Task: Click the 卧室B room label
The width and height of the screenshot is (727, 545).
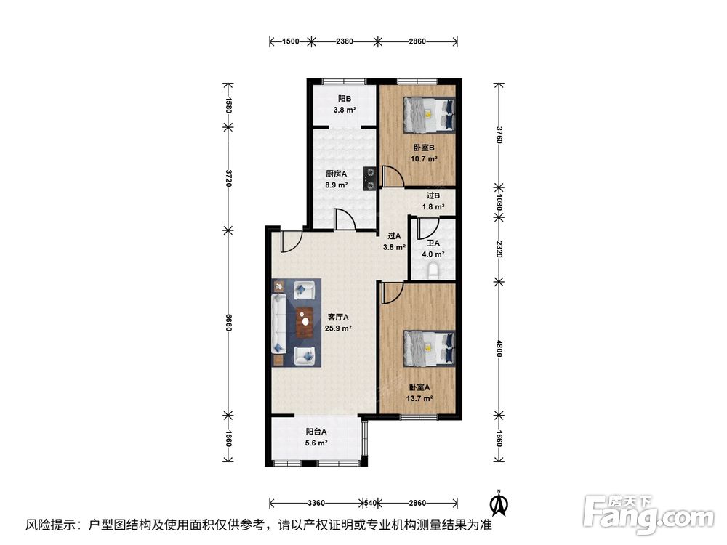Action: [x=424, y=148]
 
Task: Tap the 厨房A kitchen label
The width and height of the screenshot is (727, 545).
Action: [x=336, y=174]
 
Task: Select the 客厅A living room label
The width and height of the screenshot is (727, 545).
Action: [x=338, y=318]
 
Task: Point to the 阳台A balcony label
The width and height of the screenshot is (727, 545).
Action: [x=316, y=432]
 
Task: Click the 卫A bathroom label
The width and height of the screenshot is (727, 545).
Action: [x=433, y=243]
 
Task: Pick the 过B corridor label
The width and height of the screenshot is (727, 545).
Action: [x=433, y=196]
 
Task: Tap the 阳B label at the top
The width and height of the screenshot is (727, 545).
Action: [x=345, y=99]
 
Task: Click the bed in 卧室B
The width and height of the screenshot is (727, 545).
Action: [x=429, y=115]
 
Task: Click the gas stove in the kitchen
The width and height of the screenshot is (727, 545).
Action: [x=369, y=179]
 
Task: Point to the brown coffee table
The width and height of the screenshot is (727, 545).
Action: [x=305, y=323]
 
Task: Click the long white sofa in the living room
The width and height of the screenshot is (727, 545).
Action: [x=278, y=324]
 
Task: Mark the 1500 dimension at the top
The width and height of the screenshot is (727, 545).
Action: [x=291, y=41]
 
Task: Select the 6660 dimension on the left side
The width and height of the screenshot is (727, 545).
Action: [x=228, y=323]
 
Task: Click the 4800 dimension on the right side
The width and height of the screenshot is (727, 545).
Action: [x=499, y=349]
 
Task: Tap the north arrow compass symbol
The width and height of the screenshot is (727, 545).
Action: [x=499, y=504]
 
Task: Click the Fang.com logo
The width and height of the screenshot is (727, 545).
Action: [x=648, y=514]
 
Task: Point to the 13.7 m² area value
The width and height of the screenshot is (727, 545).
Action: [x=420, y=398]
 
